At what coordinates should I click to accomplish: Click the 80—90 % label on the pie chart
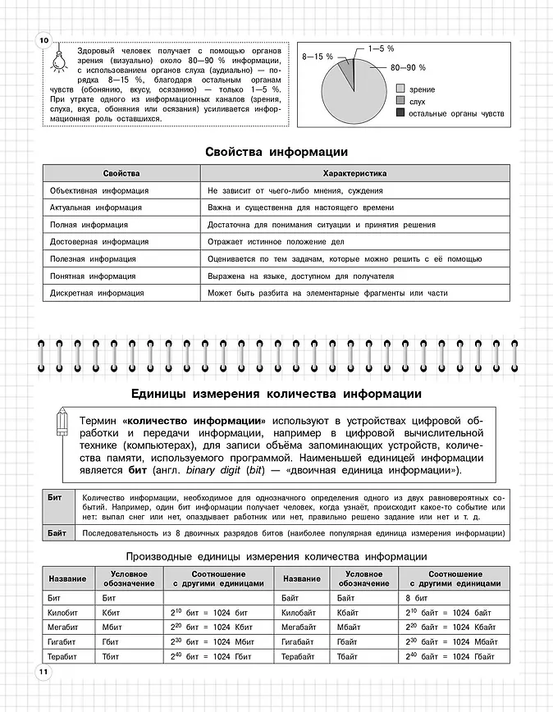(x=408, y=67)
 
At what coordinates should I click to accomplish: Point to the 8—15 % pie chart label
(x=318, y=57)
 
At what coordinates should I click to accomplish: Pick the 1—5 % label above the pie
(x=381, y=48)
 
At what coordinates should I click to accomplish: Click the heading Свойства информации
(x=276, y=152)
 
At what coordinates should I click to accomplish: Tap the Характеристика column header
(x=355, y=174)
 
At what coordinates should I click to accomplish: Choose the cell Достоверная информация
(x=99, y=242)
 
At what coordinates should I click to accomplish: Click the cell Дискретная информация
(x=97, y=293)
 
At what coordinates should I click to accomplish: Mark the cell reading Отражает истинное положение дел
(x=276, y=242)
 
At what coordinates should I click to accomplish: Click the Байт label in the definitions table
(x=57, y=533)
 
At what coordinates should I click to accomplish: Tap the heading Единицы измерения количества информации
(x=276, y=393)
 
